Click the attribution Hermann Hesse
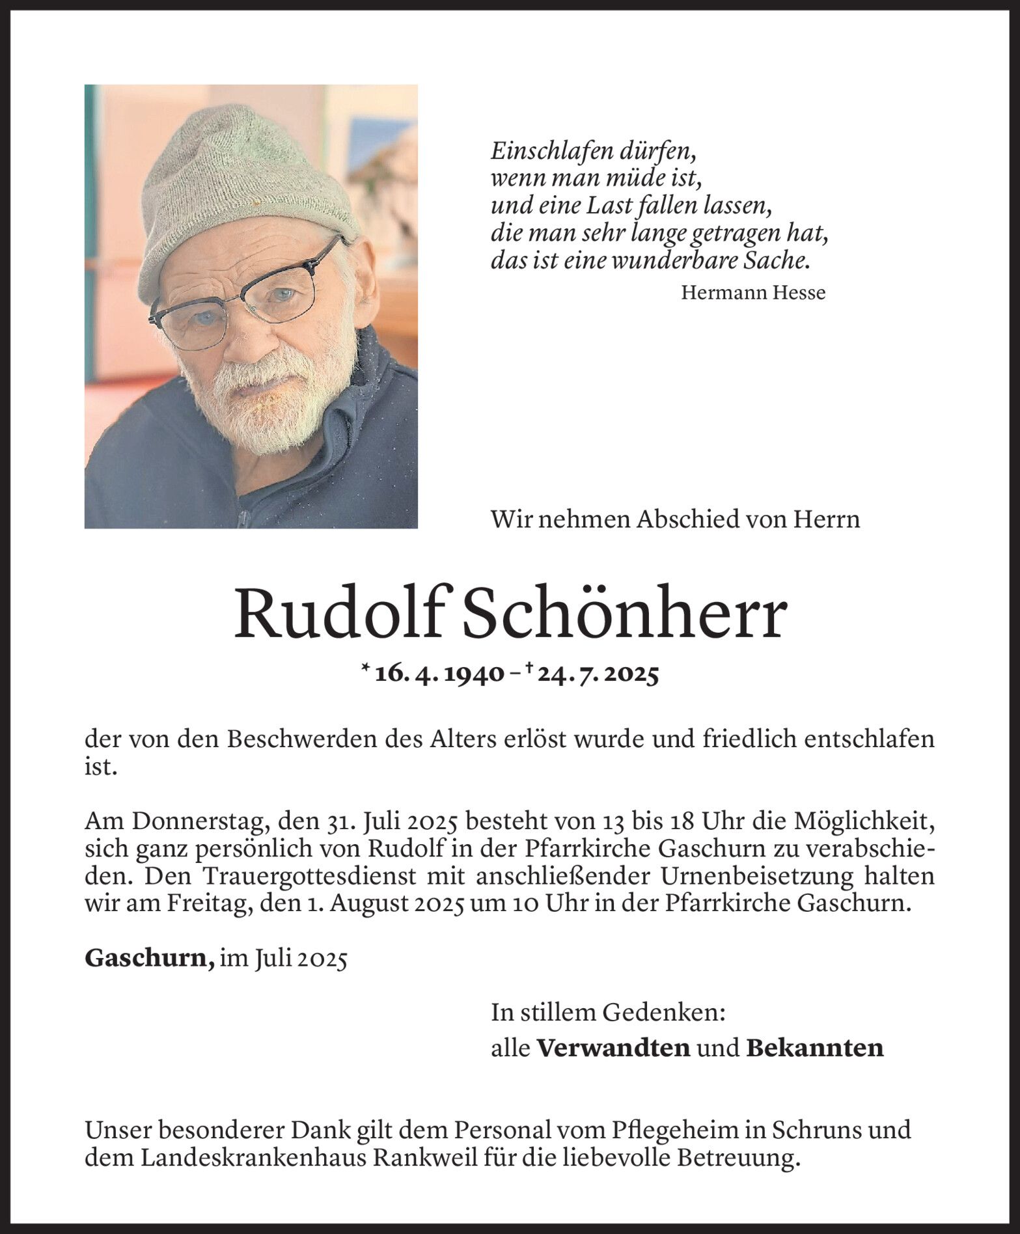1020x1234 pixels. pos(753,293)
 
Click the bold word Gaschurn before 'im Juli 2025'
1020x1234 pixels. pos(148,958)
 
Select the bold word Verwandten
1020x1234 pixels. pos(613,1048)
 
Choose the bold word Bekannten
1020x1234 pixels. pos(814,1048)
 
